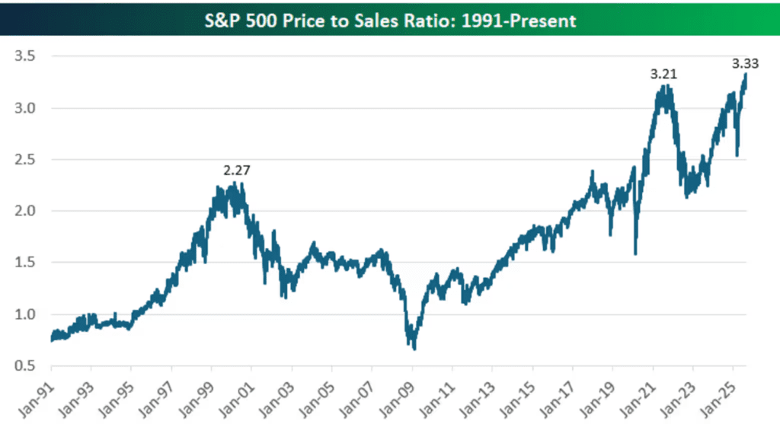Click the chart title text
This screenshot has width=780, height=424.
point(390,21)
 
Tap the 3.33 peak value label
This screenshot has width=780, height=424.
point(745,64)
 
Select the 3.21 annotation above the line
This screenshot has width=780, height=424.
point(663,74)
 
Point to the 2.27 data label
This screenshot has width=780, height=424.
point(236,171)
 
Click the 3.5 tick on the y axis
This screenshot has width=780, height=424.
point(25,56)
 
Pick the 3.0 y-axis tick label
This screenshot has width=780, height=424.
point(25,108)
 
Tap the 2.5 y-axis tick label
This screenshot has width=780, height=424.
point(25,160)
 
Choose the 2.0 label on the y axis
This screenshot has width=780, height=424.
point(25,211)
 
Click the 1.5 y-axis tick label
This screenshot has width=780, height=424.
point(25,263)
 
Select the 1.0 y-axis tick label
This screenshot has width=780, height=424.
point(25,314)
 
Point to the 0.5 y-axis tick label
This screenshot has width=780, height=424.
point(25,366)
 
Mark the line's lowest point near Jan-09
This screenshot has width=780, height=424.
point(414,349)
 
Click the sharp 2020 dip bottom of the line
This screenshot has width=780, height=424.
point(636,254)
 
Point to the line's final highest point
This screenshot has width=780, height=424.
point(746,75)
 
